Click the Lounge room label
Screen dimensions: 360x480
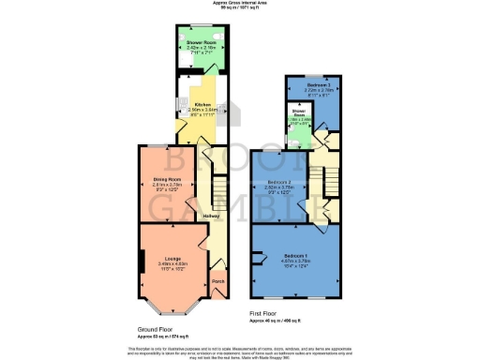click(x=172, y=258)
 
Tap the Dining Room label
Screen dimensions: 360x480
click(x=172, y=178)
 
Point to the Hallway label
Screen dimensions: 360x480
click(x=213, y=216)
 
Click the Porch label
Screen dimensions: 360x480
click(x=217, y=281)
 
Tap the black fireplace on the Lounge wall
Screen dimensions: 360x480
click(x=142, y=262)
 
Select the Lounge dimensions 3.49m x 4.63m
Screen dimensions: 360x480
click(x=172, y=264)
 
